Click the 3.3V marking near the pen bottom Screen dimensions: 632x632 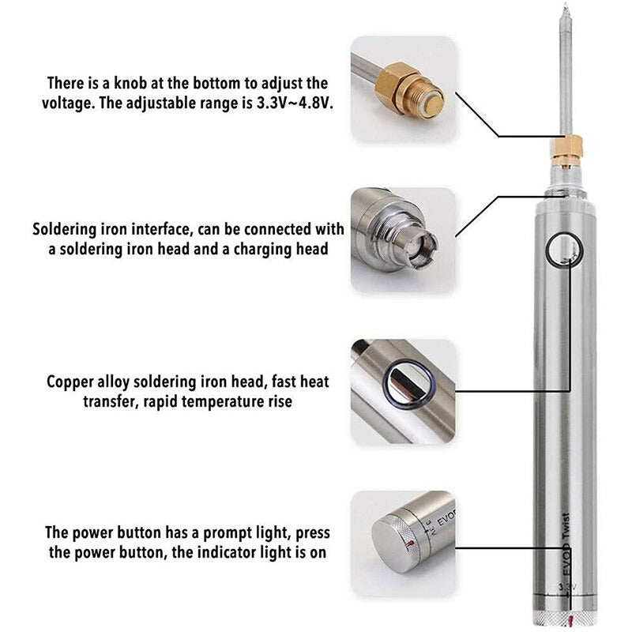[x=567, y=587]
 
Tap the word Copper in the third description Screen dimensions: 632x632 [x=72, y=382]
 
